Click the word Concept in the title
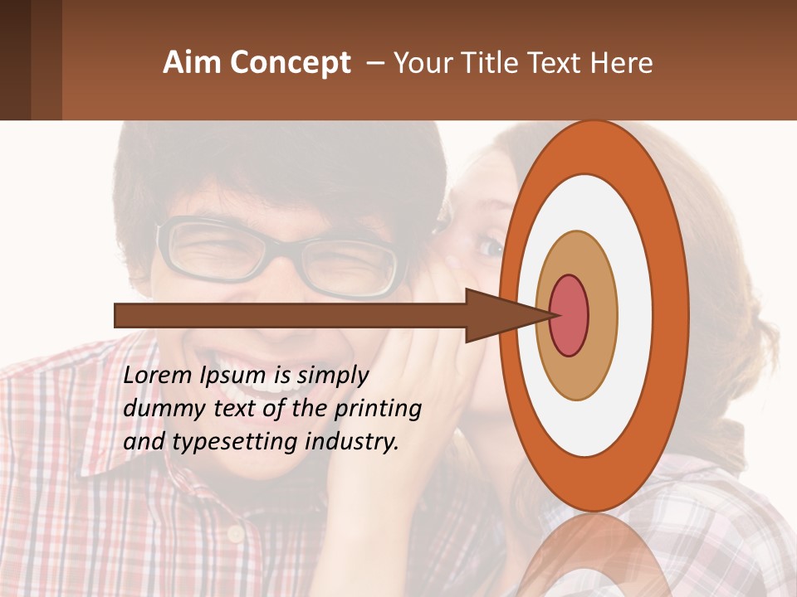290,63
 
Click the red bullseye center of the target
570,315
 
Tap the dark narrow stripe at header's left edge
15,60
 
